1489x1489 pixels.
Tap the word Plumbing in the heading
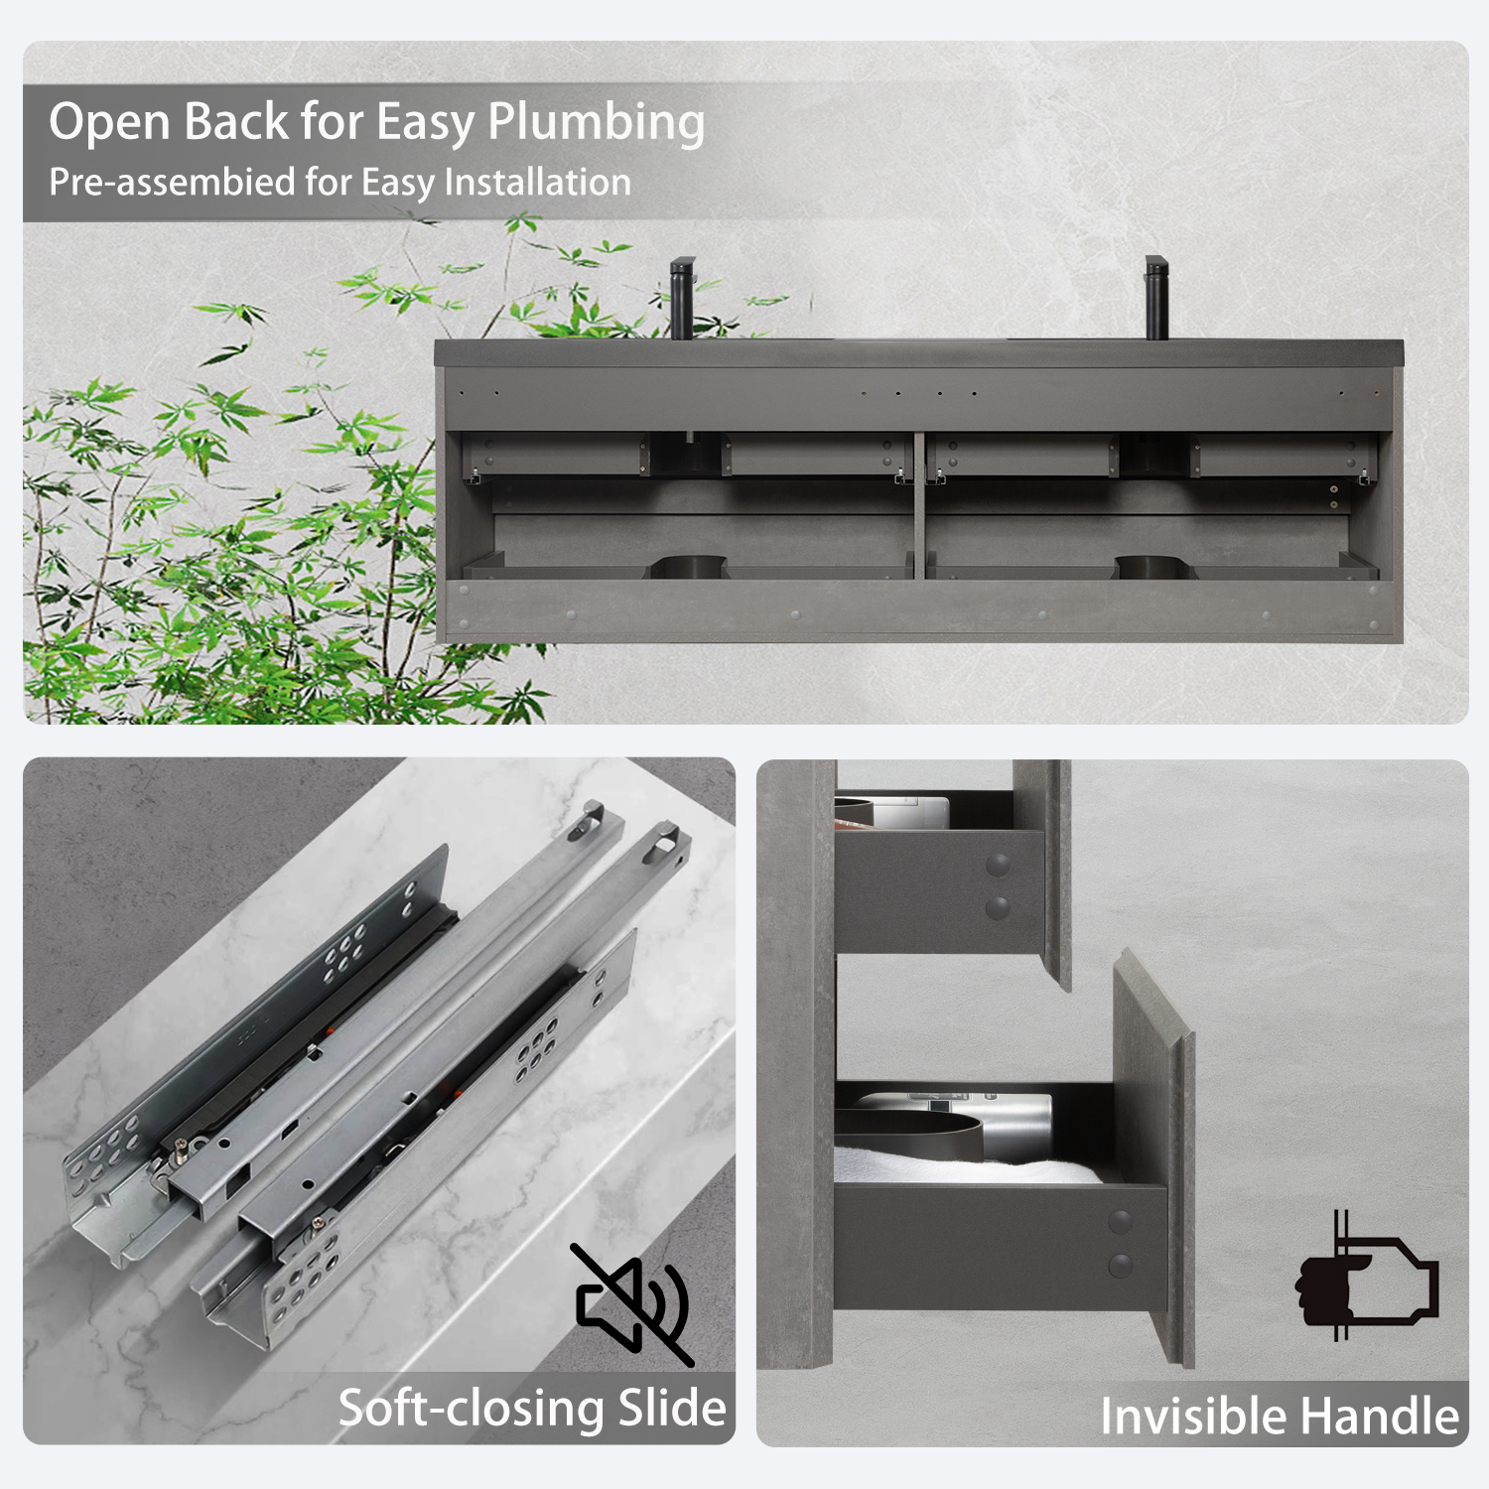(x=596, y=123)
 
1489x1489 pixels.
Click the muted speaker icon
(x=631, y=1303)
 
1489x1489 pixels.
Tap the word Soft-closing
(x=472, y=1408)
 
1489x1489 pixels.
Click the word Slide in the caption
(x=672, y=1408)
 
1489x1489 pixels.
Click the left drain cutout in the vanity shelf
(x=689, y=567)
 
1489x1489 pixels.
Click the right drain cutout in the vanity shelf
(x=1155, y=567)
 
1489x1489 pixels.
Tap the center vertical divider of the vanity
(x=919, y=506)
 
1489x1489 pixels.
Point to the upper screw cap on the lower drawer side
(x=1120, y=1222)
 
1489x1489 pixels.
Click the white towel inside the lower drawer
(x=953, y=1165)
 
